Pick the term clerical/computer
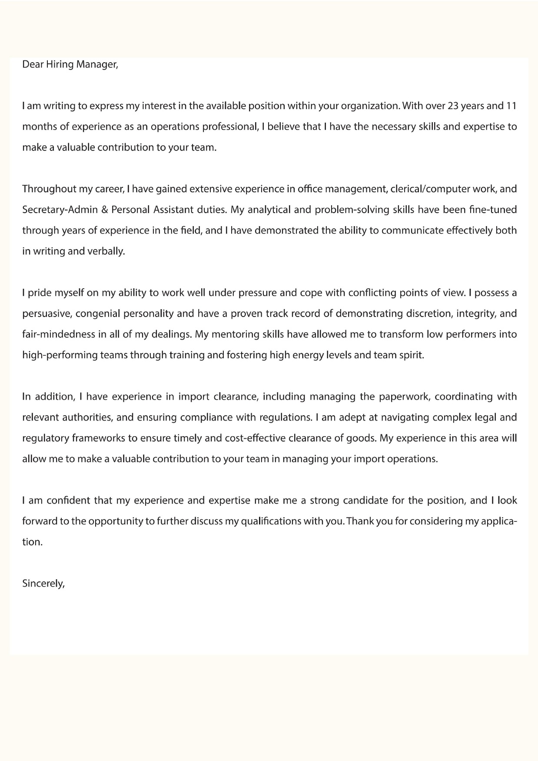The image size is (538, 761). pyautogui.click(x=429, y=189)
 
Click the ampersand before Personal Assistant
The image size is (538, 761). pyautogui.click(x=104, y=210)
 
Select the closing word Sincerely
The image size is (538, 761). pyautogui.click(x=43, y=584)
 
